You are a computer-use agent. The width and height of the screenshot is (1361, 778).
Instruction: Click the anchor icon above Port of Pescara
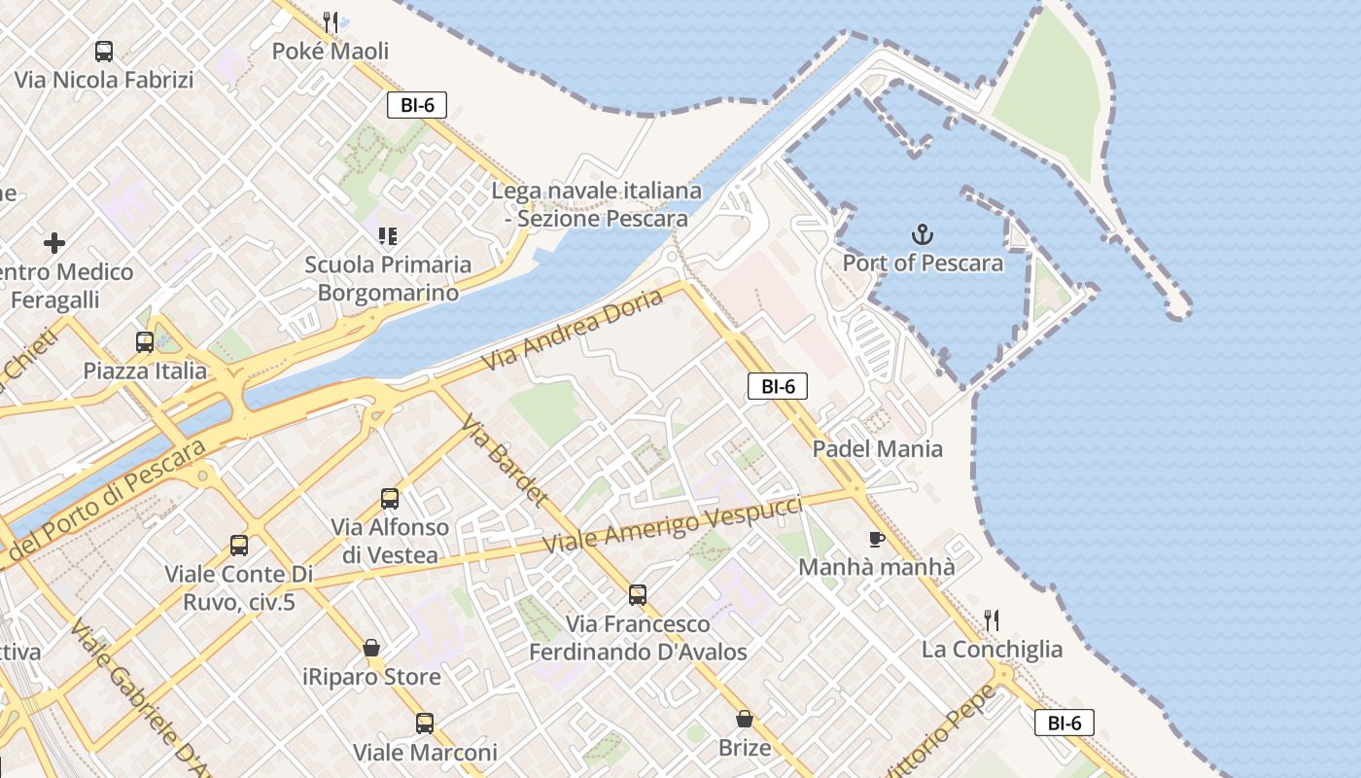coord(922,234)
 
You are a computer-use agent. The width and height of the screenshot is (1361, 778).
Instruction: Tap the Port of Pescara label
coord(923,263)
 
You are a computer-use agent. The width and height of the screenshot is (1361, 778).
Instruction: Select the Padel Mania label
coord(877,448)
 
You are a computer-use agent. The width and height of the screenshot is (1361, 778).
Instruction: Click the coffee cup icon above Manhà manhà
coord(876,539)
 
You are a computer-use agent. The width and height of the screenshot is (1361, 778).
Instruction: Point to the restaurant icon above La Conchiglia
coord(992,619)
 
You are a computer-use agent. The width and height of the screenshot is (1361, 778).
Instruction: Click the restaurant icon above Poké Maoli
coord(331,21)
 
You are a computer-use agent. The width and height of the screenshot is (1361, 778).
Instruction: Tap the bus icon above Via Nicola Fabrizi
coord(104,52)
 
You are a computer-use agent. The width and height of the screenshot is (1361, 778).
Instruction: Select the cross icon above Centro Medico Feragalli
coord(54,242)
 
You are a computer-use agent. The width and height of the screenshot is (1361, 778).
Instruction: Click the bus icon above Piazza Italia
coord(145,342)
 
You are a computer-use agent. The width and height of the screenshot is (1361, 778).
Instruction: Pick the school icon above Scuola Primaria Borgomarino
coord(388,235)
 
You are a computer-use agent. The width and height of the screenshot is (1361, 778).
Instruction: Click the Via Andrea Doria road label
coord(574,329)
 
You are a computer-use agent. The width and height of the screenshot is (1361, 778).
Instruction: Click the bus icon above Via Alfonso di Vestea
coord(390,499)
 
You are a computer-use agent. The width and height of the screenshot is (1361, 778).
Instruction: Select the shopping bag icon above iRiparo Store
coord(370,648)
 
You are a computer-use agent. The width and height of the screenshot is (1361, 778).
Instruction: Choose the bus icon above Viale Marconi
coord(425,724)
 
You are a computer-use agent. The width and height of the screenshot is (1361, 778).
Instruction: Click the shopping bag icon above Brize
coord(745,719)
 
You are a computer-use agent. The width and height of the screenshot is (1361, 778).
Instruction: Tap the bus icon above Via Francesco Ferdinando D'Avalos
coord(638,595)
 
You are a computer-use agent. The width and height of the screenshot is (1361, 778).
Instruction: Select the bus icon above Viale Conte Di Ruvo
coord(239,546)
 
